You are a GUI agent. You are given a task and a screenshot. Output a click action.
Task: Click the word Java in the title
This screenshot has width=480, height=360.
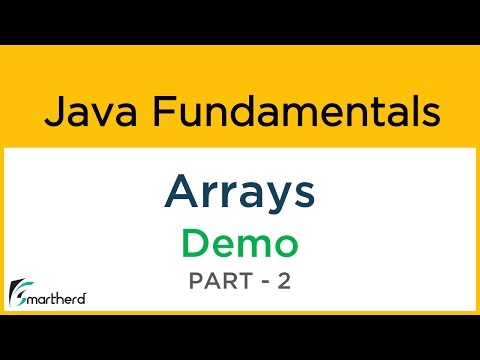coord(81,111)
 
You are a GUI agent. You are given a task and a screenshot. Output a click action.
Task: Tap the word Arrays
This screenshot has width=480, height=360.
coord(239,191)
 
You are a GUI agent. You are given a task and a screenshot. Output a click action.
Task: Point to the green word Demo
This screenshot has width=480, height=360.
coord(239,243)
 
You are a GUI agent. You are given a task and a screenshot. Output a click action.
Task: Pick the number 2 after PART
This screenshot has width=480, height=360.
coord(283,282)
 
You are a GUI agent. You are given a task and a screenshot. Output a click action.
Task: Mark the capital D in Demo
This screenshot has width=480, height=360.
coord(195,243)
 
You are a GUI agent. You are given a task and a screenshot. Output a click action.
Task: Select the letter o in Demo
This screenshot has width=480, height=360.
coord(284,245)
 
